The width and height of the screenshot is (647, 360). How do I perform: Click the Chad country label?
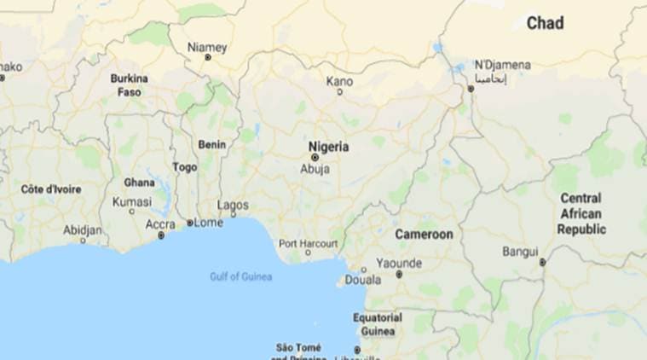545,23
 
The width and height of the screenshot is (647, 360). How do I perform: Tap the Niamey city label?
207,47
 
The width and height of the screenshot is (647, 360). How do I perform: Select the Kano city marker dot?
339,92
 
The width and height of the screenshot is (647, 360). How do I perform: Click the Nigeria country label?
328,147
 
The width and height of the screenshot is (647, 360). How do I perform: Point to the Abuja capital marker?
315,158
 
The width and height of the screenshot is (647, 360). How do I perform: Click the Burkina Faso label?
130,84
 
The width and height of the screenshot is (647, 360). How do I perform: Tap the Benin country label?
211,144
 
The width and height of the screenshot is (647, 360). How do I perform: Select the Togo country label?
185,167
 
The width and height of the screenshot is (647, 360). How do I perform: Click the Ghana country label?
139,182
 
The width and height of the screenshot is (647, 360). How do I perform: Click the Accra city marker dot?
160,235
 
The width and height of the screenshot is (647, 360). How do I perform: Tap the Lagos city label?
233,206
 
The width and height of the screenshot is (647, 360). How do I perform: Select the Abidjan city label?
83,229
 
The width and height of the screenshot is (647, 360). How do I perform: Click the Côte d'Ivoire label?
51,189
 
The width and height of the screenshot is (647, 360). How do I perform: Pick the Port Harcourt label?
308,243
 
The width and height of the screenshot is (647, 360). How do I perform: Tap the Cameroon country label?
424,234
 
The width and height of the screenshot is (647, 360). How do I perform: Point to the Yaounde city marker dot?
398,275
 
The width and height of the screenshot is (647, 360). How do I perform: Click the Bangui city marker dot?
542,263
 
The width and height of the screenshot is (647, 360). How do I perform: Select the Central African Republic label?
581,213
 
